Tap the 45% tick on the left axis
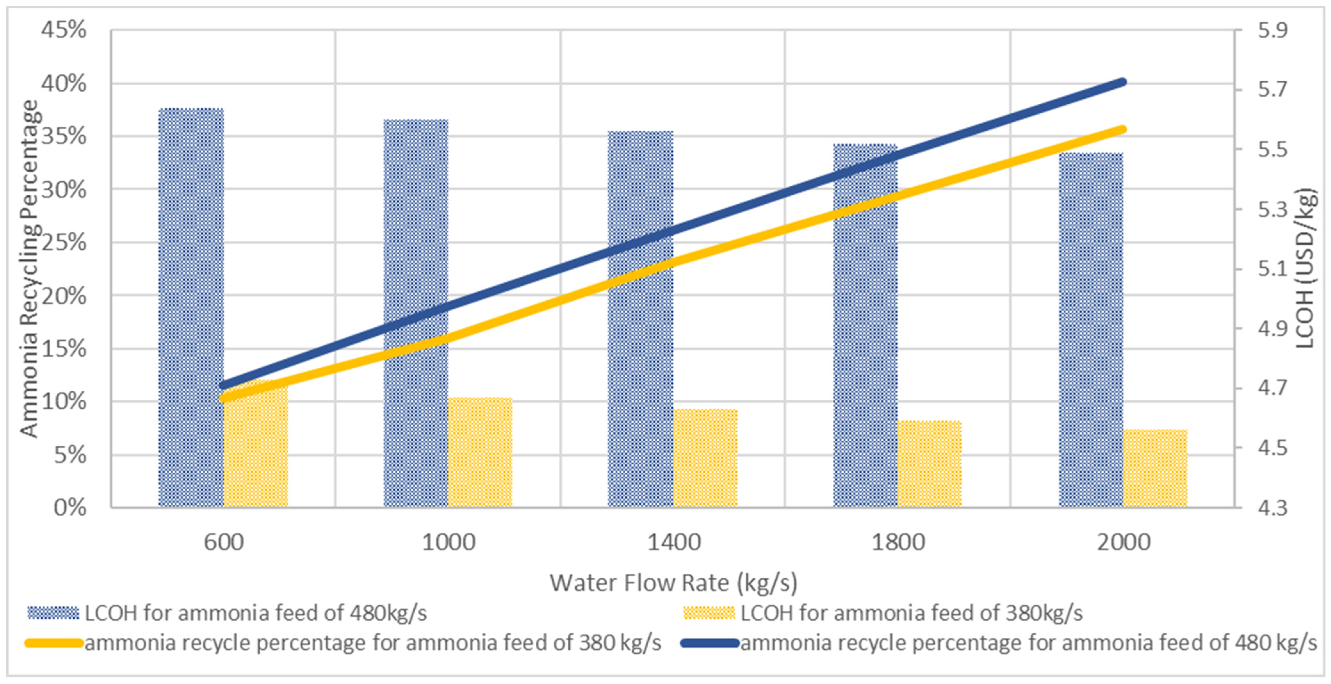(63, 30)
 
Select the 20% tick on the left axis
(63, 296)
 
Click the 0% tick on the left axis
(70, 508)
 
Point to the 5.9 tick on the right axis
(1272, 30)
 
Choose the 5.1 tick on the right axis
(1272, 269)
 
